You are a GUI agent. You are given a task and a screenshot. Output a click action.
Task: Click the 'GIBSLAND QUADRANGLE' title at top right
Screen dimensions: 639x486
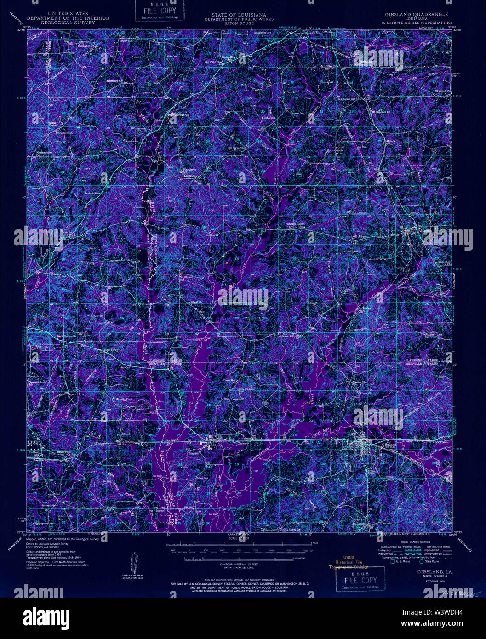(415, 15)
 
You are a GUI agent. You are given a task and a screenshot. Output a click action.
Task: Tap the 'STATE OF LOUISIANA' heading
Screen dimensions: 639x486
(239, 15)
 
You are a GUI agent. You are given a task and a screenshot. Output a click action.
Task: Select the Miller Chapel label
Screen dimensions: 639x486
(55, 125)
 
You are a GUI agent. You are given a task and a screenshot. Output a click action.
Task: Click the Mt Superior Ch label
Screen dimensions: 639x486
(380, 111)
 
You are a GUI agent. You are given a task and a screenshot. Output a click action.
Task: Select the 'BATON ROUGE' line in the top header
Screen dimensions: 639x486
(239, 23)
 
